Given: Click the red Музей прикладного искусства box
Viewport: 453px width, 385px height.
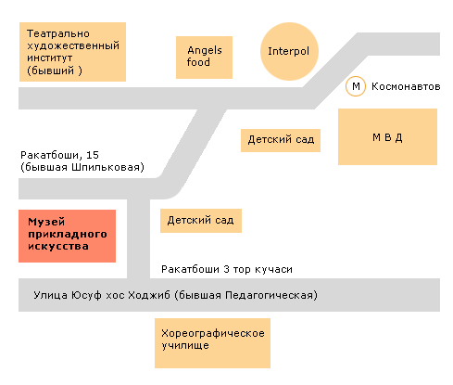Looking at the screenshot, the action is pos(67,236).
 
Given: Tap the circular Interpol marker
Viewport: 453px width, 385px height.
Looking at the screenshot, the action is pos(289,51).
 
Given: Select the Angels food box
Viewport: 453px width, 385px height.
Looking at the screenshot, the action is pos(204,58).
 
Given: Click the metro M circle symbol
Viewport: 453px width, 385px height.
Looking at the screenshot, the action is pos(356,86).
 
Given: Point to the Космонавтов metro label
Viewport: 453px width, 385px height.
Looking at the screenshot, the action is pos(406,86).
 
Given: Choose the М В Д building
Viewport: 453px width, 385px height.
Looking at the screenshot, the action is pos(387,136).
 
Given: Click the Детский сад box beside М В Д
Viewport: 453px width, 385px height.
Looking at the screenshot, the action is pos(281,140).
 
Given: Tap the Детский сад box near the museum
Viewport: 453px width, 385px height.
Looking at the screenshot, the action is pos(201,221).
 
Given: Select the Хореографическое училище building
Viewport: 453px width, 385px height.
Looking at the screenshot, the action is pos(212,343).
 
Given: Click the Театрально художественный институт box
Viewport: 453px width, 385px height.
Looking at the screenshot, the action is pos(72,52).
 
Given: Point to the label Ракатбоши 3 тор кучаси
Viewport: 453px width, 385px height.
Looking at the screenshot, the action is pos(227,269).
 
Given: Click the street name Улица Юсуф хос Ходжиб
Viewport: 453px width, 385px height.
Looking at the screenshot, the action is pos(102,295).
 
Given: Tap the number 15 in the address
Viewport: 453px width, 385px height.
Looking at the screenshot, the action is pos(93,155).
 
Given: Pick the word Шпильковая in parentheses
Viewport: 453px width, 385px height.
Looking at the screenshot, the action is pos(107,167).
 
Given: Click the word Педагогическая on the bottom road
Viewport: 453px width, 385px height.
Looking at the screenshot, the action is pos(270,295).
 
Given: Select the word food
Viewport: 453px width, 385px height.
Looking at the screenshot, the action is pos(198,62).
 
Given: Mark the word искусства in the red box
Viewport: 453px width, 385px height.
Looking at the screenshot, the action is pos(58,247).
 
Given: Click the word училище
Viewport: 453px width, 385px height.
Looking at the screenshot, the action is pos(185,346).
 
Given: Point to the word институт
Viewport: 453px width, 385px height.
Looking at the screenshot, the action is pos(50,58).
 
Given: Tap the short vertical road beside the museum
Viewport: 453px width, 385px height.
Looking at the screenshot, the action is pos(139,238).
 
